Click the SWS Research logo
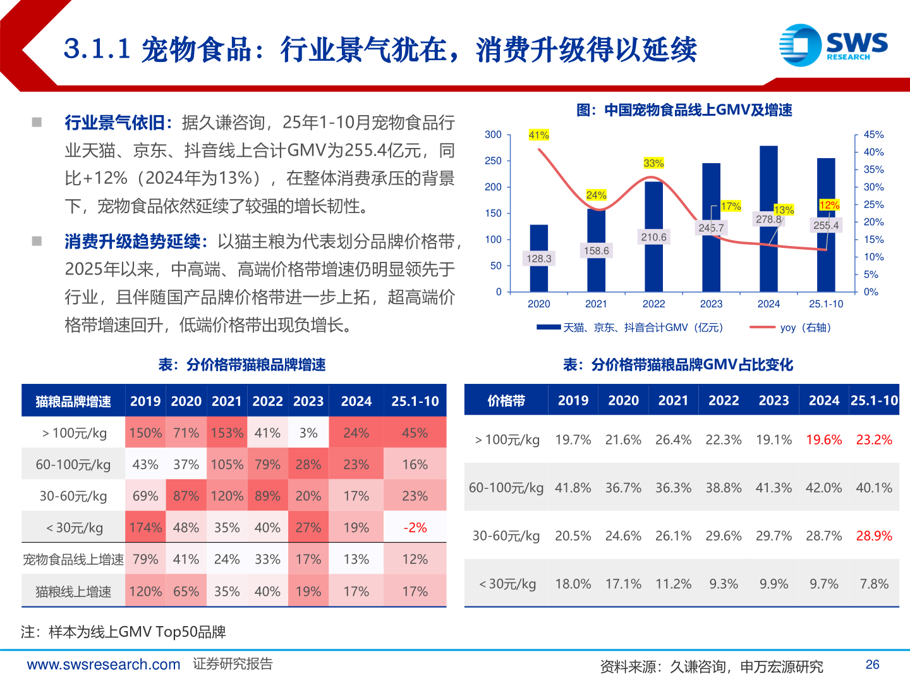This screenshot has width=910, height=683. (x=833, y=45)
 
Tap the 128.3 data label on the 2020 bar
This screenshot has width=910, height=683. (x=539, y=258)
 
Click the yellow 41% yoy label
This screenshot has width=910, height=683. (x=539, y=135)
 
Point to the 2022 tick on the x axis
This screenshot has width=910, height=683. (x=653, y=304)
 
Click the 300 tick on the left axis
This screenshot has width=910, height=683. (x=493, y=135)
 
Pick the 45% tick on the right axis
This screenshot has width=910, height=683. (x=873, y=135)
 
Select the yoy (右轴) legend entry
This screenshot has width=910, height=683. (x=790, y=328)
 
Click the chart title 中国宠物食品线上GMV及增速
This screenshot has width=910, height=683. (x=684, y=110)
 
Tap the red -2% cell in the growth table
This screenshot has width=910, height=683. (x=415, y=527)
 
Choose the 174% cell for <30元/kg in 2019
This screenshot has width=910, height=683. (x=145, y=527)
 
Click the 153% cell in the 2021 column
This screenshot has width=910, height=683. (x=227, y=433)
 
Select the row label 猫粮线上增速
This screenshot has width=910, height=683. (x=73, y=591)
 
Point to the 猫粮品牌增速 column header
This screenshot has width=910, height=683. (x=73, y=402)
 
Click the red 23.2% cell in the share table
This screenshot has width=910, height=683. (x=874, y=440)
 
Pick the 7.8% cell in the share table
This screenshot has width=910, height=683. (x=874, y=584)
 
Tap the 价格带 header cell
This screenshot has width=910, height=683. (x=506, y=401)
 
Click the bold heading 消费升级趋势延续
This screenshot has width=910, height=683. (x=133, y=242)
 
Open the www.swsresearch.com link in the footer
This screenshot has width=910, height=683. (x=104, y=664)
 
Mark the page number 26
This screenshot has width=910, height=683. (x=872, y=664)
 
